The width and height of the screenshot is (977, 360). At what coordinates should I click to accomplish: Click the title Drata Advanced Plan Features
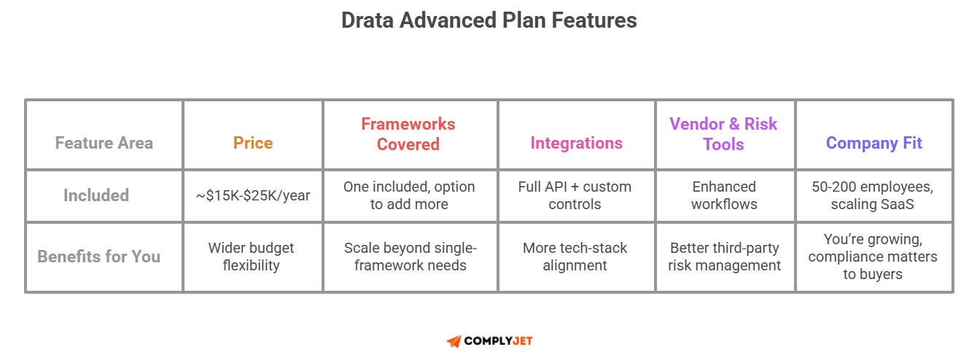click(488, 20)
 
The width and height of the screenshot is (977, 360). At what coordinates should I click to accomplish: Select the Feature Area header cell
click(104, 143)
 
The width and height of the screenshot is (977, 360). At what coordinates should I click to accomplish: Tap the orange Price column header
click(253, 143)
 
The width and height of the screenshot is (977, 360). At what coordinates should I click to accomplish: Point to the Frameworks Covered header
click(408, 134)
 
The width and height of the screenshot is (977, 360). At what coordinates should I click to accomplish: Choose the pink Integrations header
click(576, 143)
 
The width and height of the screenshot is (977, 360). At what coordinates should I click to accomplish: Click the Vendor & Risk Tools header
click(723, 134)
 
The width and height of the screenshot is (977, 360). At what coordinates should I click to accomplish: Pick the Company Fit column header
click(874, 143)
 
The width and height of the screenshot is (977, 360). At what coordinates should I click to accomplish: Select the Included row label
click(96, 195)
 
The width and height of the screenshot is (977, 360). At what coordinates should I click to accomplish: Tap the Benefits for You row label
click(99, 257)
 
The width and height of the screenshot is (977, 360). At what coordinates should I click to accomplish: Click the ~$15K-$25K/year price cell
click(253, 195)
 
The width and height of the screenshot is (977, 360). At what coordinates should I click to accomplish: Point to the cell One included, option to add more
click(408, 195)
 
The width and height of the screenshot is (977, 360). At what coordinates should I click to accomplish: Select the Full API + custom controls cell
click(575, 195)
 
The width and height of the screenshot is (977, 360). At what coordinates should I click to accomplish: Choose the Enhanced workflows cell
click(724, 195)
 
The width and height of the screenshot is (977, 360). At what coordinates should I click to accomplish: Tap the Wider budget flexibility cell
click(251, 257)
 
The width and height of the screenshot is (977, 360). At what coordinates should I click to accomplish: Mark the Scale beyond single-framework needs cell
click(410, 257)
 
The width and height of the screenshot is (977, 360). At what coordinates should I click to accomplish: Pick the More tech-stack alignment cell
click(575, 257)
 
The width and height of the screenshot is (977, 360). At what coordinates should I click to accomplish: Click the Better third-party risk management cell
click(724, 257)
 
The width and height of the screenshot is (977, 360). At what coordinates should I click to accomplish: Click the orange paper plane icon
click(454, 341)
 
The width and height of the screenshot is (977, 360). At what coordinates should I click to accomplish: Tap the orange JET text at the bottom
click(523, 341)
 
